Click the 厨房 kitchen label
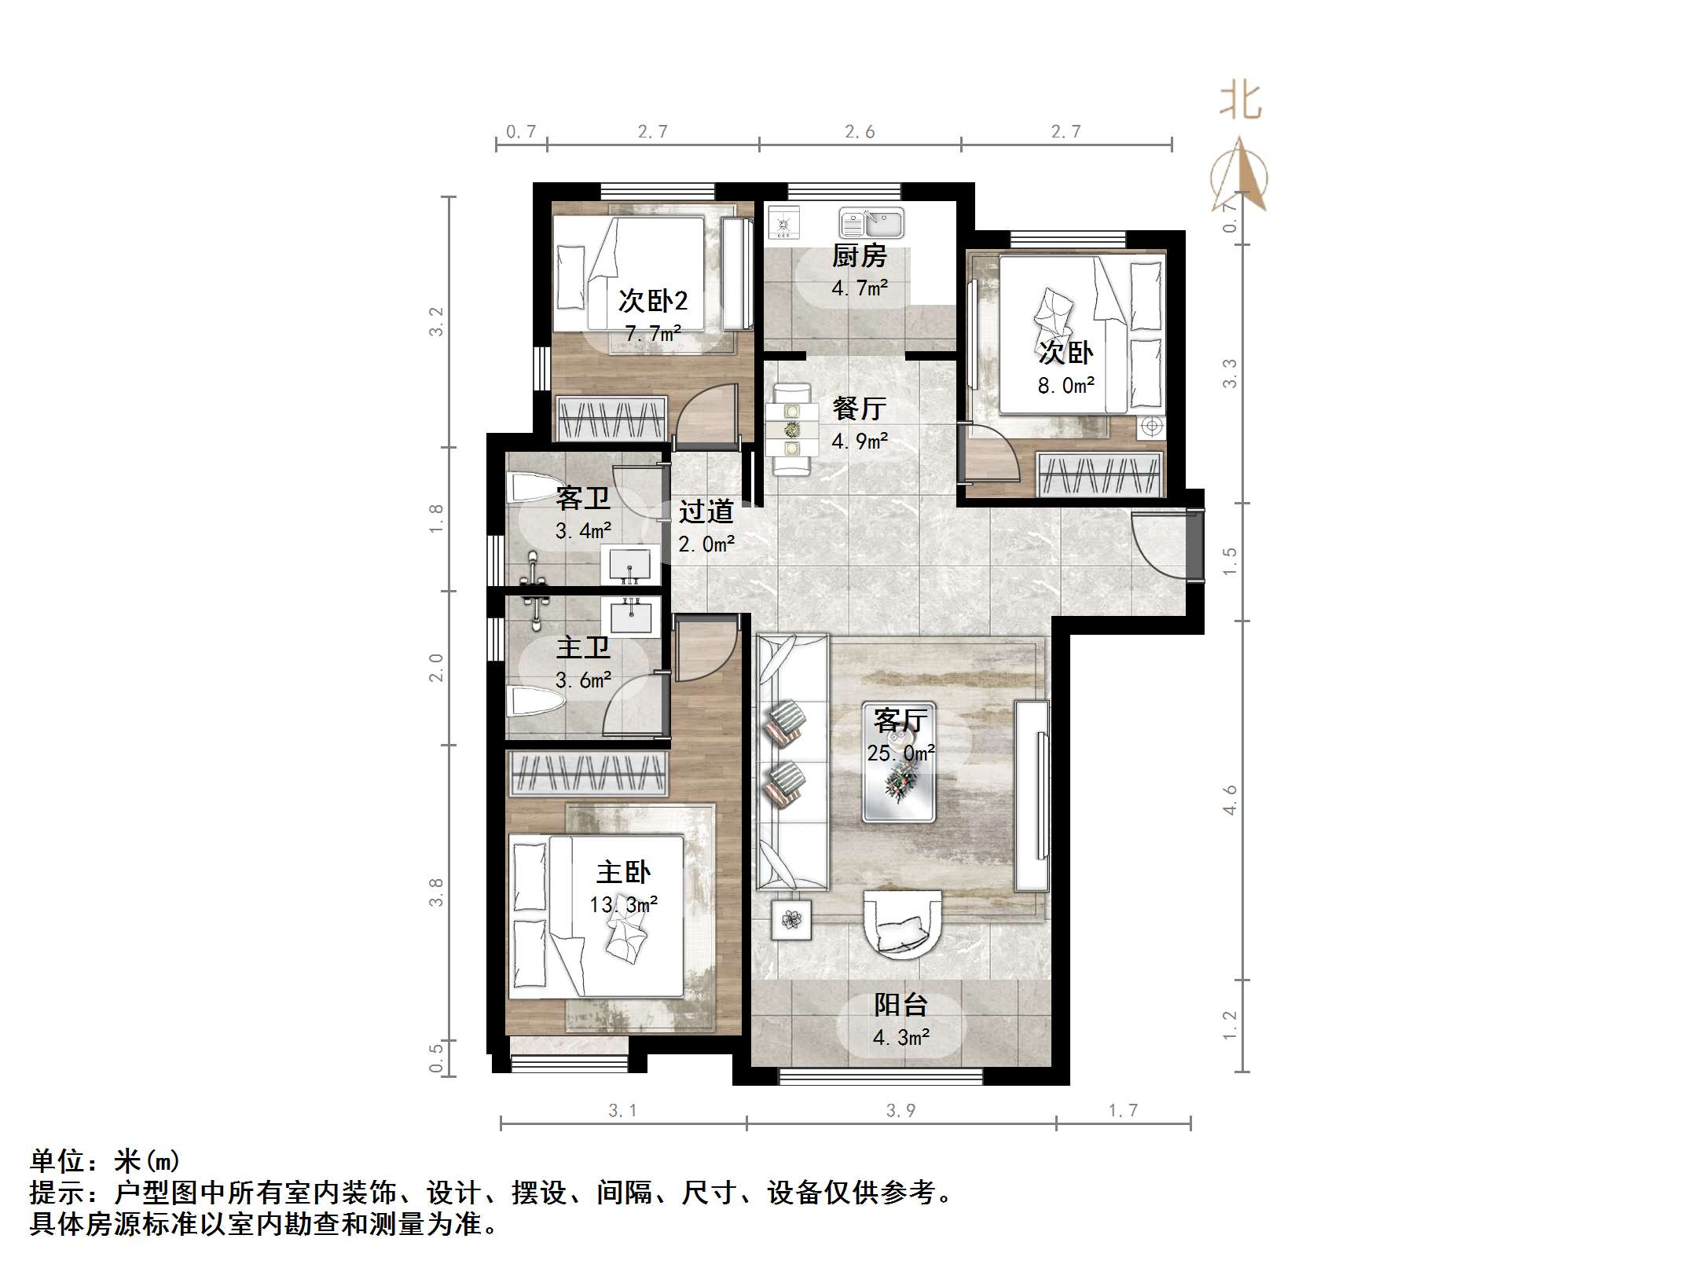[859, 256]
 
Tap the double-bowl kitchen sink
[871, 222]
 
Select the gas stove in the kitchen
[783, 222]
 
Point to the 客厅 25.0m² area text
[901, 753]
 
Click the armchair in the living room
[902, 924]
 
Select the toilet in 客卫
[526, 487]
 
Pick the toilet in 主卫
[526, 702]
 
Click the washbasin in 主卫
[627, 615]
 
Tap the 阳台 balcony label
[901, 1006]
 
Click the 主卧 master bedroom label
[623, 873]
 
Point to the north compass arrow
[1239, 174]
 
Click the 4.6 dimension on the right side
[1230, 800]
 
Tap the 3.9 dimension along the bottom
[901, 1110]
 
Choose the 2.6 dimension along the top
[860, 132]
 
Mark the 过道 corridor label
[706, 511]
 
